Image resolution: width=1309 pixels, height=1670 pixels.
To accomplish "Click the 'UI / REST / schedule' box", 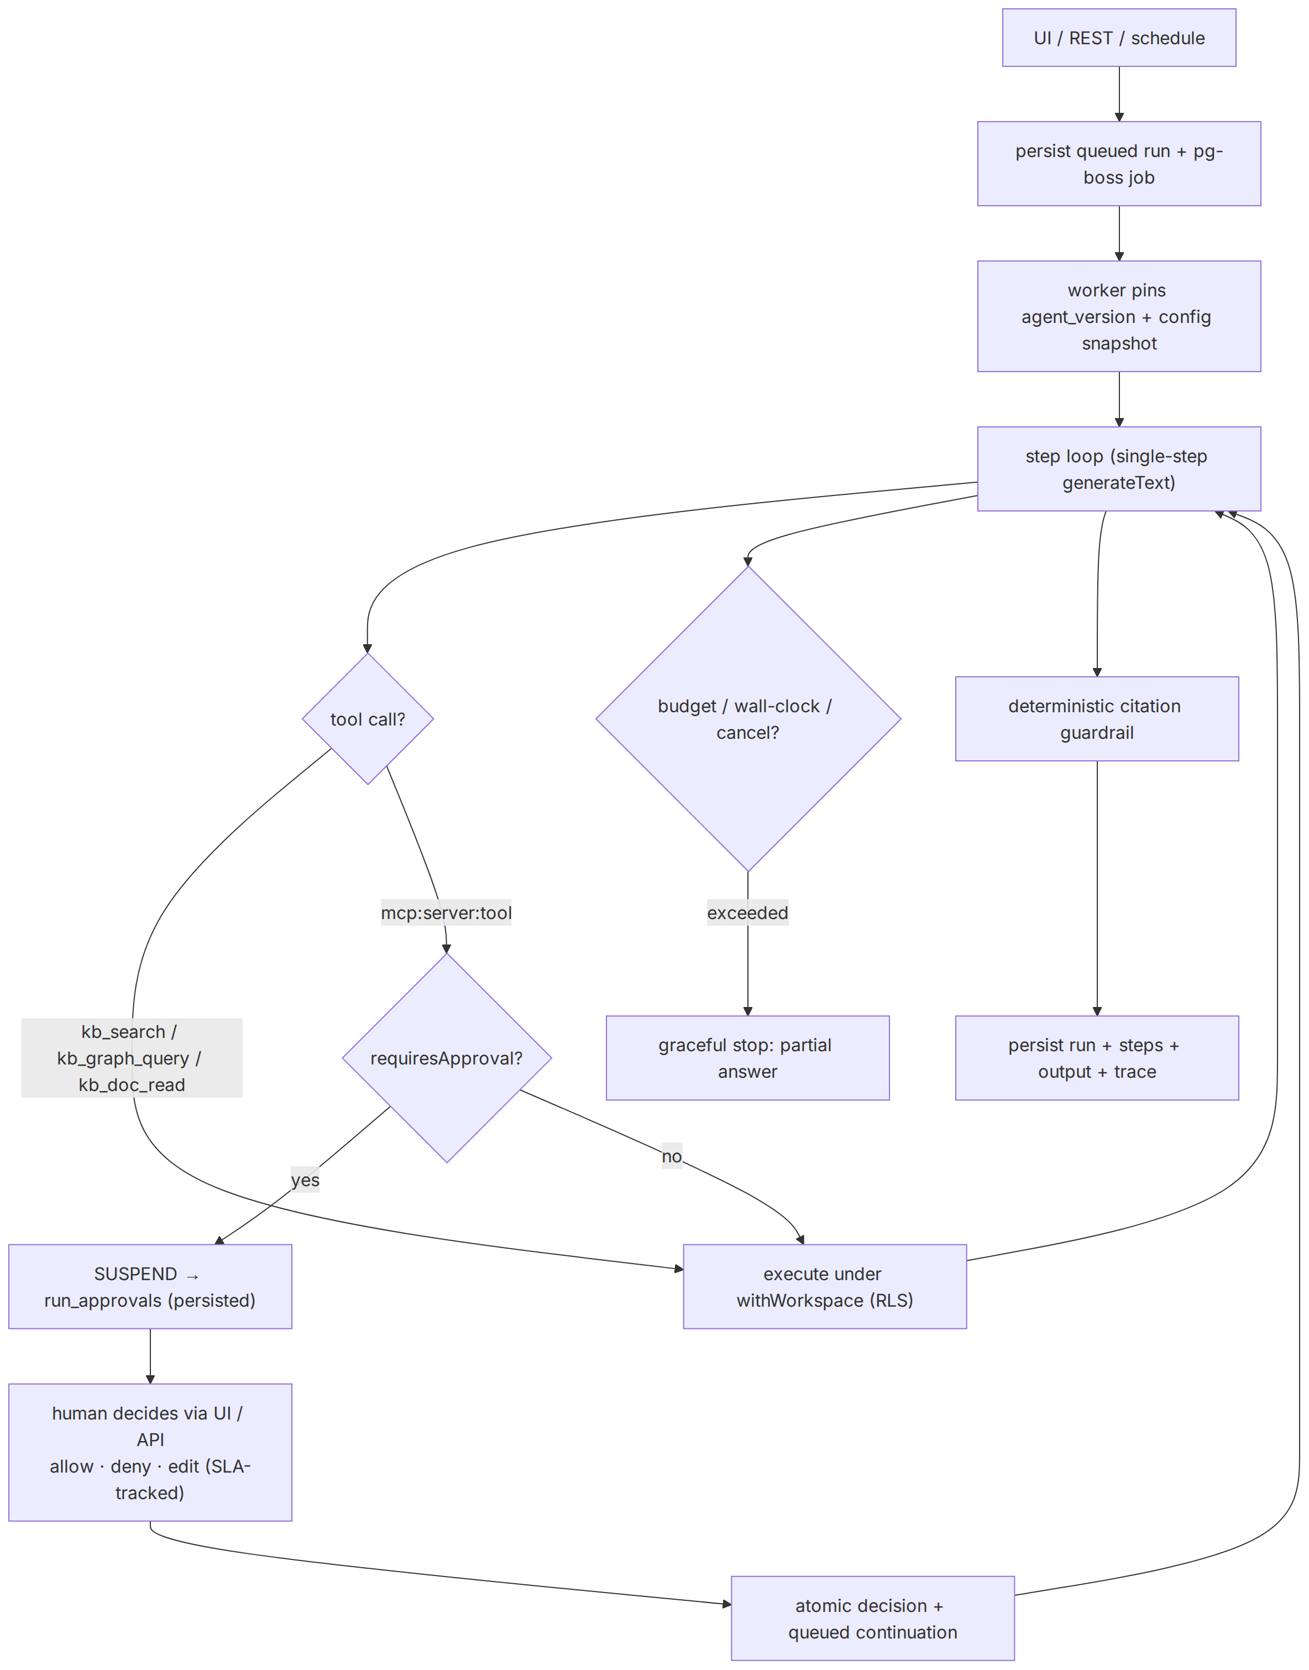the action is pos(1119,38).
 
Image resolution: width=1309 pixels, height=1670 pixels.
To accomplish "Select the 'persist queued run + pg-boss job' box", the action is pos(1119,163).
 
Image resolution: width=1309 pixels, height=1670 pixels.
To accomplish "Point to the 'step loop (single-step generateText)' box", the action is pos(1119,468).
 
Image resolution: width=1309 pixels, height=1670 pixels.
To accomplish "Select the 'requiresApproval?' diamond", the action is pos(447,1057).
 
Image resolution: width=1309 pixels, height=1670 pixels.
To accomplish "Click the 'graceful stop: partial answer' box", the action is pos(748,1057).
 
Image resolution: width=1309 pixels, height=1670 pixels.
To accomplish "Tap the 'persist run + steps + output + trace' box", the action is pos(1097,1057).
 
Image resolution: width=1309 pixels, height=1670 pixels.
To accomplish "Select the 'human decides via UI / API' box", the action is pos(150,1452).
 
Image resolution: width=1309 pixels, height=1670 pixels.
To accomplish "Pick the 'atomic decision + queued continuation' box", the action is pos(873,1618).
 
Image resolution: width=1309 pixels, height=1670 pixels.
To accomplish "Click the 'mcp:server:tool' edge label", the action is pos(446,912).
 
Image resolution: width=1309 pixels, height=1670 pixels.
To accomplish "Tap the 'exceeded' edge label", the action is pos(748,912).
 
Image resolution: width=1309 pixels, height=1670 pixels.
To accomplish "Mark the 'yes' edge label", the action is pos(305,1180).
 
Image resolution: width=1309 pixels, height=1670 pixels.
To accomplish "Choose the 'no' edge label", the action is pos(672,1156).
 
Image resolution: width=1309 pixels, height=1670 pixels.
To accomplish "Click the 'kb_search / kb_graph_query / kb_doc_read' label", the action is pos(132,1057).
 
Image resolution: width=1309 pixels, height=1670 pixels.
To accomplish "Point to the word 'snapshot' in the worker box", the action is pos(1119,343).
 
